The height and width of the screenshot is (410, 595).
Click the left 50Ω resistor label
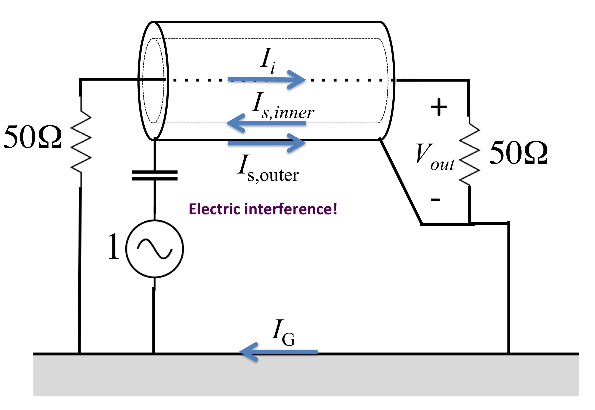click(x=33, y=137)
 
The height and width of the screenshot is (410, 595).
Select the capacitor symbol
click(x=155, y=175)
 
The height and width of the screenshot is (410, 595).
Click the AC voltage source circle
click(x=155, y=249)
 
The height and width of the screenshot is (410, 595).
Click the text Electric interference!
click(x=263, y=209)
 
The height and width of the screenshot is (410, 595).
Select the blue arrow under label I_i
click(x=267, y=79)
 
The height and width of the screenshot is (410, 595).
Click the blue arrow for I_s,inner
click(x=266, y=123)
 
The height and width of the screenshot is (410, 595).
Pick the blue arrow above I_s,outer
click(x=267, y=143)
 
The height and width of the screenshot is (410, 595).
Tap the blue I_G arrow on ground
click(x=278, y=352)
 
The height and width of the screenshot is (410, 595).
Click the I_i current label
click(x=268, y=60)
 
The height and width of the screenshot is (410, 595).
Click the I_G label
click(x=283, y=333)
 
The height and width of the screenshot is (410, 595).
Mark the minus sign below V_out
click(x=435, y=200)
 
